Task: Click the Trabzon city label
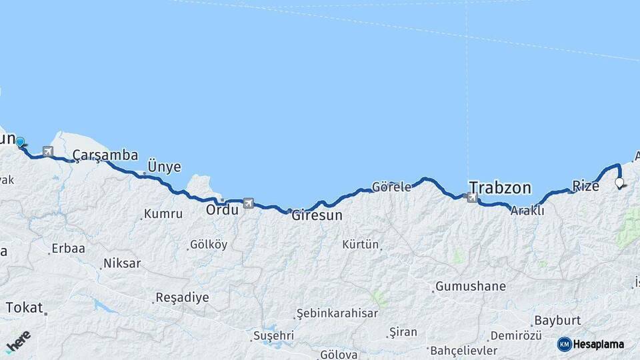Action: pyautogui.click(x=500, y=187)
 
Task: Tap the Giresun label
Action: pyautogui.click(x=317, y=215)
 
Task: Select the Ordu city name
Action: pyautogui.click(x=222, y=209)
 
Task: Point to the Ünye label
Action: pyautogui.click(x=164, y=167)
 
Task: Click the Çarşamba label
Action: pyautogui.click(x=105, y=155)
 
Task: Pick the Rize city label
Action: pyautogui.click(x=586, y=186)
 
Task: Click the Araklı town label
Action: pyautogui.click(x=527, y=211)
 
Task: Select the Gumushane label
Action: pyautogui.click(x=470, y=287)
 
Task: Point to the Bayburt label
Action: pyautogui.click(x=557, y=321)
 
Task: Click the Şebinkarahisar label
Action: pyautogui.click(x=337, y=313)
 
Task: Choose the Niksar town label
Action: pyautogui.click(x=122, y=263)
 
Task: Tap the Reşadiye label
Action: pyautogui.click(x=182, y=297)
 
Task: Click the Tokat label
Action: pyautogui.click(x=23, y=308)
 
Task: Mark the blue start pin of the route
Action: pyautogui.click(x=20, y=142)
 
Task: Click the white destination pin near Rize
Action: pyautogui.click(x=619, y=182)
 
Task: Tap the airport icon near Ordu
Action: pyautogui.click(x=249, y=203)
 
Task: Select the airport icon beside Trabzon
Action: pyautogui.click(x=472, y=197)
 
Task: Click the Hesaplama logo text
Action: pyautogui.click(x=598, y=345)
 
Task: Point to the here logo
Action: pyautogui.click(x=18, y=342)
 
